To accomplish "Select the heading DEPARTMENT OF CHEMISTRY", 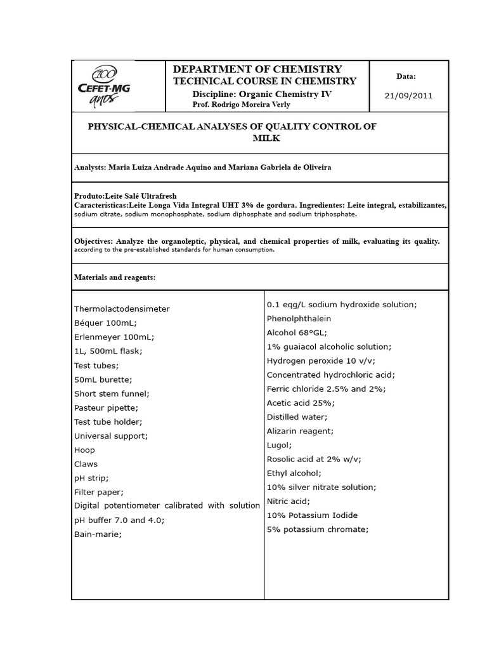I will pyautogui.click(x=257, y=69).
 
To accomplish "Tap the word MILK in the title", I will pyautogui.click(x=266, y=138).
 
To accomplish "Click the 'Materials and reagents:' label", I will pyautogui.click(x=115, y=277).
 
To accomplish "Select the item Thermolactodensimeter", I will pyautogui.click(x=122, y=308).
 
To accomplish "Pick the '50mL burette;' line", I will pyautogui.click(x=103, y=380).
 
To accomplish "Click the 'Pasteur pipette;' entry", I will pyautogui.click(x=106, y=408).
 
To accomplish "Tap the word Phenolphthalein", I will pyautogui.click(x=299, y=319).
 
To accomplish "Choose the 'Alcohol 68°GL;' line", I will pyautogui.click(x=297, y=333).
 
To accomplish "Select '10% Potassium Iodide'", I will pyautogui.click(x=312, y=515).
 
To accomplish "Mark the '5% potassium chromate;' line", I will pyautogui.click(x=317, y=529).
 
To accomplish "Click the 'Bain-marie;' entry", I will pyautogui.click(x=98, y=534).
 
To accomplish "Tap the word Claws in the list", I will pyautogui.click(x=86, y=464).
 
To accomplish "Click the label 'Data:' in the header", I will pyautogui.click(x=406, y=76).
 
